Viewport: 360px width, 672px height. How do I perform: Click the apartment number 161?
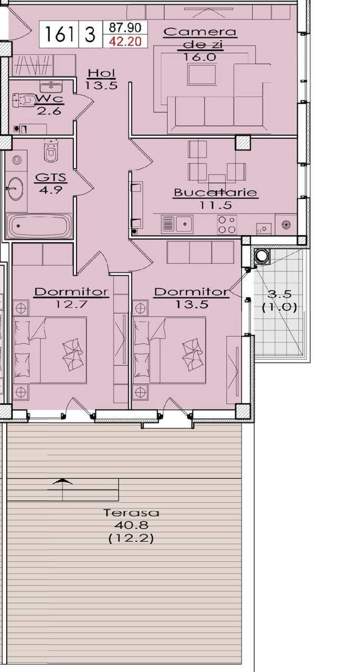[x=59, y=34]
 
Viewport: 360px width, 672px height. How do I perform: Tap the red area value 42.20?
[x=125, y=41]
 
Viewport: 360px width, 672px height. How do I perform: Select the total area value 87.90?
[x=125, y=27]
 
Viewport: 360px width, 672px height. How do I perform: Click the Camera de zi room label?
[x=200, y=38]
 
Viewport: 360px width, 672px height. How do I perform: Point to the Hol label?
[x=101, y=73]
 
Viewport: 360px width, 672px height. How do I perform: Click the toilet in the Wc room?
[x=24, y=100]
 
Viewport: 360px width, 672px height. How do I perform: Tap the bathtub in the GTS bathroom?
[x=39, y=226]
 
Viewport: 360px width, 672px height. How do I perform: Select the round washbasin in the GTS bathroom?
[x=14, y=188]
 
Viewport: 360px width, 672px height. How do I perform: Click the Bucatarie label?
[x=216, y=192]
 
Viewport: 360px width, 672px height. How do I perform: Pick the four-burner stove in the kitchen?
[x=227, y=225]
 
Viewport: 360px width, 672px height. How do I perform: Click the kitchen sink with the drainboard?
[x=177, y=224]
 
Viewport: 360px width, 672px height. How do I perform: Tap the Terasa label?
[x=132, y=513]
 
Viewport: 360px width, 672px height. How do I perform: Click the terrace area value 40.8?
[x=132, y=525]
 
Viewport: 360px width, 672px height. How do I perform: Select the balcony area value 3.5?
[x=279, y=294]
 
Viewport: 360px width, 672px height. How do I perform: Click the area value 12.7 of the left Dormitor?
[x=71, y=304]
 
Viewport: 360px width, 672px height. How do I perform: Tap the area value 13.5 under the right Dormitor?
[x=191, y=304]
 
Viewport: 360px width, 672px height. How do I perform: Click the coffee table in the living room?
[x=202, y=74]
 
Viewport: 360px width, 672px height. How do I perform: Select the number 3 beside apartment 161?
[x=90, y=34]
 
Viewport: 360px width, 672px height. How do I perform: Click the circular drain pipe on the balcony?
[x=261, y=255]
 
